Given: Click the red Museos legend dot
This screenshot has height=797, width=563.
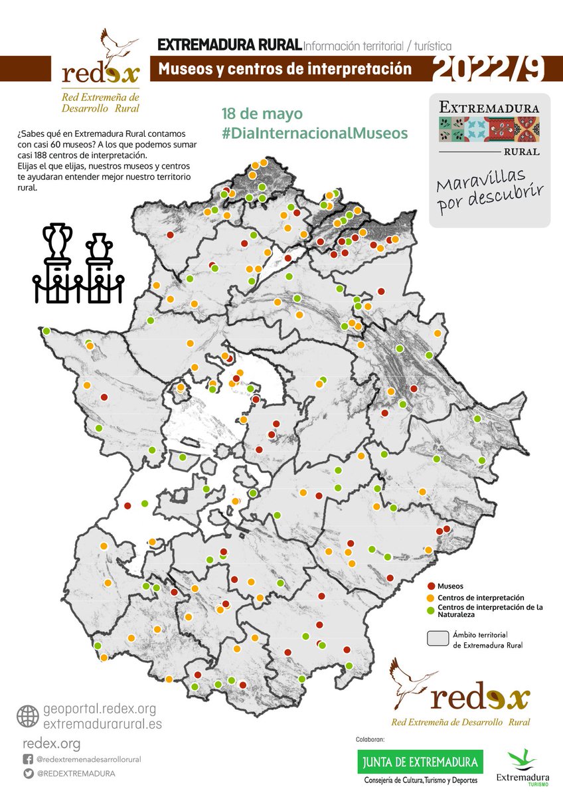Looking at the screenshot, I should click(x=432, y=586).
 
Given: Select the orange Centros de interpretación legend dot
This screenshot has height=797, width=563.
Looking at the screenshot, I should click(x=432, y=598).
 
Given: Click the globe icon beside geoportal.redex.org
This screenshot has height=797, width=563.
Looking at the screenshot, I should click(x=27, y=716).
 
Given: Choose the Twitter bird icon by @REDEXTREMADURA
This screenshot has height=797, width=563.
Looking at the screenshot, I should click(x=27, y=774).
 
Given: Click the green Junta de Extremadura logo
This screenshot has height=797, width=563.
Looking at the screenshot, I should click(x=420, y=761).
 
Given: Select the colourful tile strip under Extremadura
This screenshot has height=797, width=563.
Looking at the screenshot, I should click(x=489, y=129).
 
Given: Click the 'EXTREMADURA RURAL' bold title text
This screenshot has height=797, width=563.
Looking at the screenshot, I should click(x=228, y=46).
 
